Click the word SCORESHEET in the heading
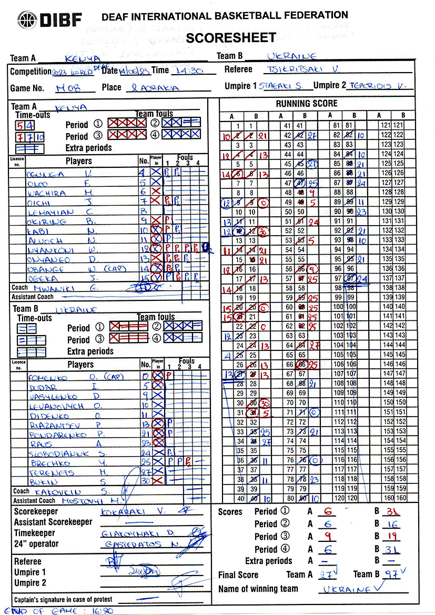pyautogui.click(x=231, y=37)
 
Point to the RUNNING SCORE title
pyautogui.click(x=307, y=104)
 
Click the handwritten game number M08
pyautogui.click(x=67, y=88)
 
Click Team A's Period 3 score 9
pyautogui.click(x=327, y=537)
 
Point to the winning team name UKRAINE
pyautogui.click(x=345, y=590)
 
